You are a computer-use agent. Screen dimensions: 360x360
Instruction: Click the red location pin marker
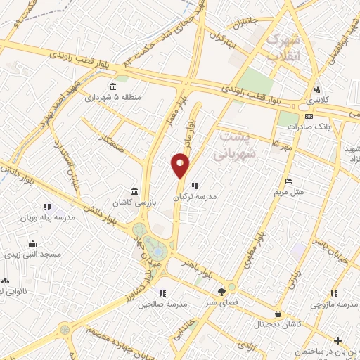click(x=180, y=165)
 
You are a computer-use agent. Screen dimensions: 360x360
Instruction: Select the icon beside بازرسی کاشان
click(x=134, y=191)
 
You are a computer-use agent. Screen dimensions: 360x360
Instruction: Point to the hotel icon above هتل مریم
click(x=288, y=181)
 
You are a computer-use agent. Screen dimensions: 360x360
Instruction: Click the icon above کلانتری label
click(x=318, y=89)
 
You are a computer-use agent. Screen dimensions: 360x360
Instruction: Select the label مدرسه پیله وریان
click(x=47, y=218)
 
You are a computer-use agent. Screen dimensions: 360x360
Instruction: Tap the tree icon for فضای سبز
click(x=222, y=290)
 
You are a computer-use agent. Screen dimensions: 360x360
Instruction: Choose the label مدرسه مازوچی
click(x=335, y=304)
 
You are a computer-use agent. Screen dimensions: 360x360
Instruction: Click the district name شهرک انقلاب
click(x=284, y=46)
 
